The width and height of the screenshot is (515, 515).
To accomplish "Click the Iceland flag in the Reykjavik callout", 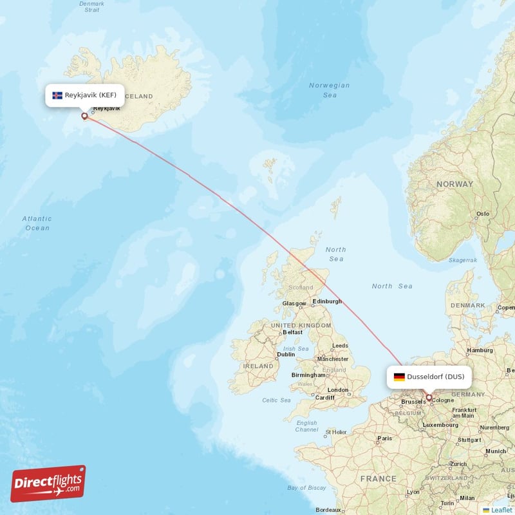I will pyautogui.click(x=57, y=95).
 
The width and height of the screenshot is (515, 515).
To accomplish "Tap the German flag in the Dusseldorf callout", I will pyautogui.click(x=399, y=377).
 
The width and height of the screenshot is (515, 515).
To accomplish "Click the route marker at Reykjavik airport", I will pyautogui.click(x=84, y=116).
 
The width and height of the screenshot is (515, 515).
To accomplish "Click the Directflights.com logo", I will pyautogui.click(x=48, y=483).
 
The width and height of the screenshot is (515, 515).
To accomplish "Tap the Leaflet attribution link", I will pyautogui.click(x=500, y=510).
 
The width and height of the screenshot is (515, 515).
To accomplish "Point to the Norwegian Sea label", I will pyautogui.click(x=329, y=90).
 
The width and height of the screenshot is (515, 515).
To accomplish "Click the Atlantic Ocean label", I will pyautogui.click(x=37, y=223).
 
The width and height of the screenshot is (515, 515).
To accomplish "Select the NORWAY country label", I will pyautogui.click(x=454, y=184).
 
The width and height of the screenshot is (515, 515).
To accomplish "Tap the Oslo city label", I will pyautogui.click(x=482, y=214).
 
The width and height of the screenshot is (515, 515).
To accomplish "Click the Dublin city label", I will pyautogui.click(x=285, y=354).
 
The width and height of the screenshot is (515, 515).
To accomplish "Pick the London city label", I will pyautogui.click(x=337, y=390).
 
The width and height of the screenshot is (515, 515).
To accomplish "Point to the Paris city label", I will pyautogui.click(x=384, y=438).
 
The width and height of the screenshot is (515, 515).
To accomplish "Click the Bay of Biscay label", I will pyautogui.click(x=306, y=488).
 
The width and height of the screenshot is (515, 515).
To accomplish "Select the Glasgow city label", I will pyautogui.click(x=294, y=303).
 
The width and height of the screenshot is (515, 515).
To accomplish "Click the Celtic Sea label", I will pyautogui.click(x=276, y=400).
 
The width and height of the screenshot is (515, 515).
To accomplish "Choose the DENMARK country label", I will pyautogui.click(x=468, y=305).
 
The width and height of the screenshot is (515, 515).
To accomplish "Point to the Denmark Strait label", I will pyautogui.click(x=91, y=6).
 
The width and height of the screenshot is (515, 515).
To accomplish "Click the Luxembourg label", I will pyautogui.click(x=440, y=425).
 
